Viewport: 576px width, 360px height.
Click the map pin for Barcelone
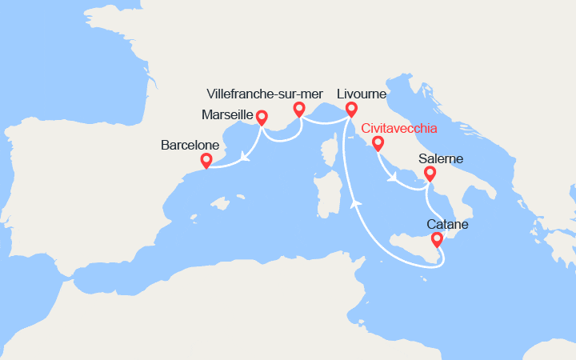tap(206, 160)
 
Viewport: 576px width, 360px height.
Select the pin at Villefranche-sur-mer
tap(299, 109)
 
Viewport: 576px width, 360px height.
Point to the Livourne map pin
tap(350, 109)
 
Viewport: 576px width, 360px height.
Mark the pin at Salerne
tap(430, 173)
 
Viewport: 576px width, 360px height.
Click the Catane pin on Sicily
tap(436, 239)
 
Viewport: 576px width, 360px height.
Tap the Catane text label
tap(448, 225)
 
